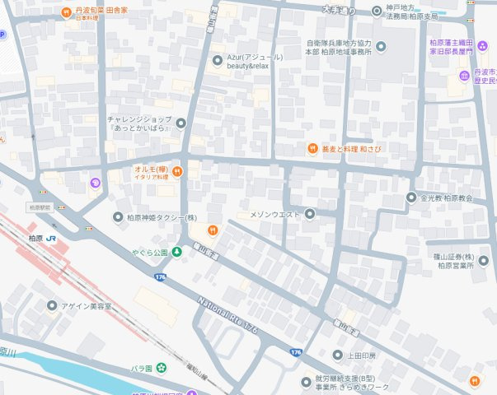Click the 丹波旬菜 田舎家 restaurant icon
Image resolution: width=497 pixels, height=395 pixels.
tap(67, 12)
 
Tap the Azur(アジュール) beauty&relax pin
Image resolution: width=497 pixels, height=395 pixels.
tap(217, 58)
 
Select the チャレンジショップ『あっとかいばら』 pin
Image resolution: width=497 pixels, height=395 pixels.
tap(181, 123)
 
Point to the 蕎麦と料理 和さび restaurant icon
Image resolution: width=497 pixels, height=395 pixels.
tap(312, 149)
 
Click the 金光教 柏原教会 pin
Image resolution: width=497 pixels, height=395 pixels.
tap(411, 197)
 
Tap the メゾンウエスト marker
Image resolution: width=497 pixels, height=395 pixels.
tap(310, 215)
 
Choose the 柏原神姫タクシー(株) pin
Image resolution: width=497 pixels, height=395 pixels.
tap(118, 216)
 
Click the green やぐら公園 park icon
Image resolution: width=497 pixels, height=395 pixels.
tap(176, 251)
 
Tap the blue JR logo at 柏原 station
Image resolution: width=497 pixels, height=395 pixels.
tap(51, 238)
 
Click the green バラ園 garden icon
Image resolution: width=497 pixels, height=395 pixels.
tap(162, 367)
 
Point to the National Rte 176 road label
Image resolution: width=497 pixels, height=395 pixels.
tap(228, 316)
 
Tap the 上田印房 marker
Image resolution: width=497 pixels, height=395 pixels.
tap(337, 355)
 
